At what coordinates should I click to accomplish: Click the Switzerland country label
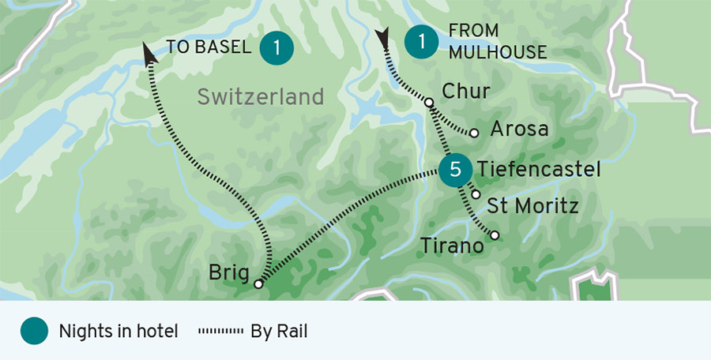click(x=260, y=97)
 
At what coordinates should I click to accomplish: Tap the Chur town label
click(x=466, y=92)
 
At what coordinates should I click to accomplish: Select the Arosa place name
click(x=519, y=129)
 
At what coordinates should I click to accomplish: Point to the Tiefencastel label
click(x=539, y=169)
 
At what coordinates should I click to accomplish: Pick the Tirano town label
click(x=451, y=246)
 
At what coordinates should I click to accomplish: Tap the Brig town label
click(x=229, y=272)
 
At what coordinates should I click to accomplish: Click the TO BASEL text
click(x=209, y=47)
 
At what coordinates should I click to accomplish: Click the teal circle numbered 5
click(x=454, y=170)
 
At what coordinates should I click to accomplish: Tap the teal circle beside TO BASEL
click(x=276, y=47)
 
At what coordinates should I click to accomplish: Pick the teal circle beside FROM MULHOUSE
click(x=423, y=42)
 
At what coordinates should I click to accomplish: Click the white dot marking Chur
click(x=428, y=103)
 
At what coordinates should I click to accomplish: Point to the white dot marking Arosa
click(x=473, y=133)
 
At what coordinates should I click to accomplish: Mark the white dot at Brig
click(x=258, y=283)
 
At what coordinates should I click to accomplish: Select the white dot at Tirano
click(x=495, y=234)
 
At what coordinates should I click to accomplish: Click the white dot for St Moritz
click(x=476, y=194)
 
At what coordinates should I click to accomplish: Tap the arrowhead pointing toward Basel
click(x=148, y=52)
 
